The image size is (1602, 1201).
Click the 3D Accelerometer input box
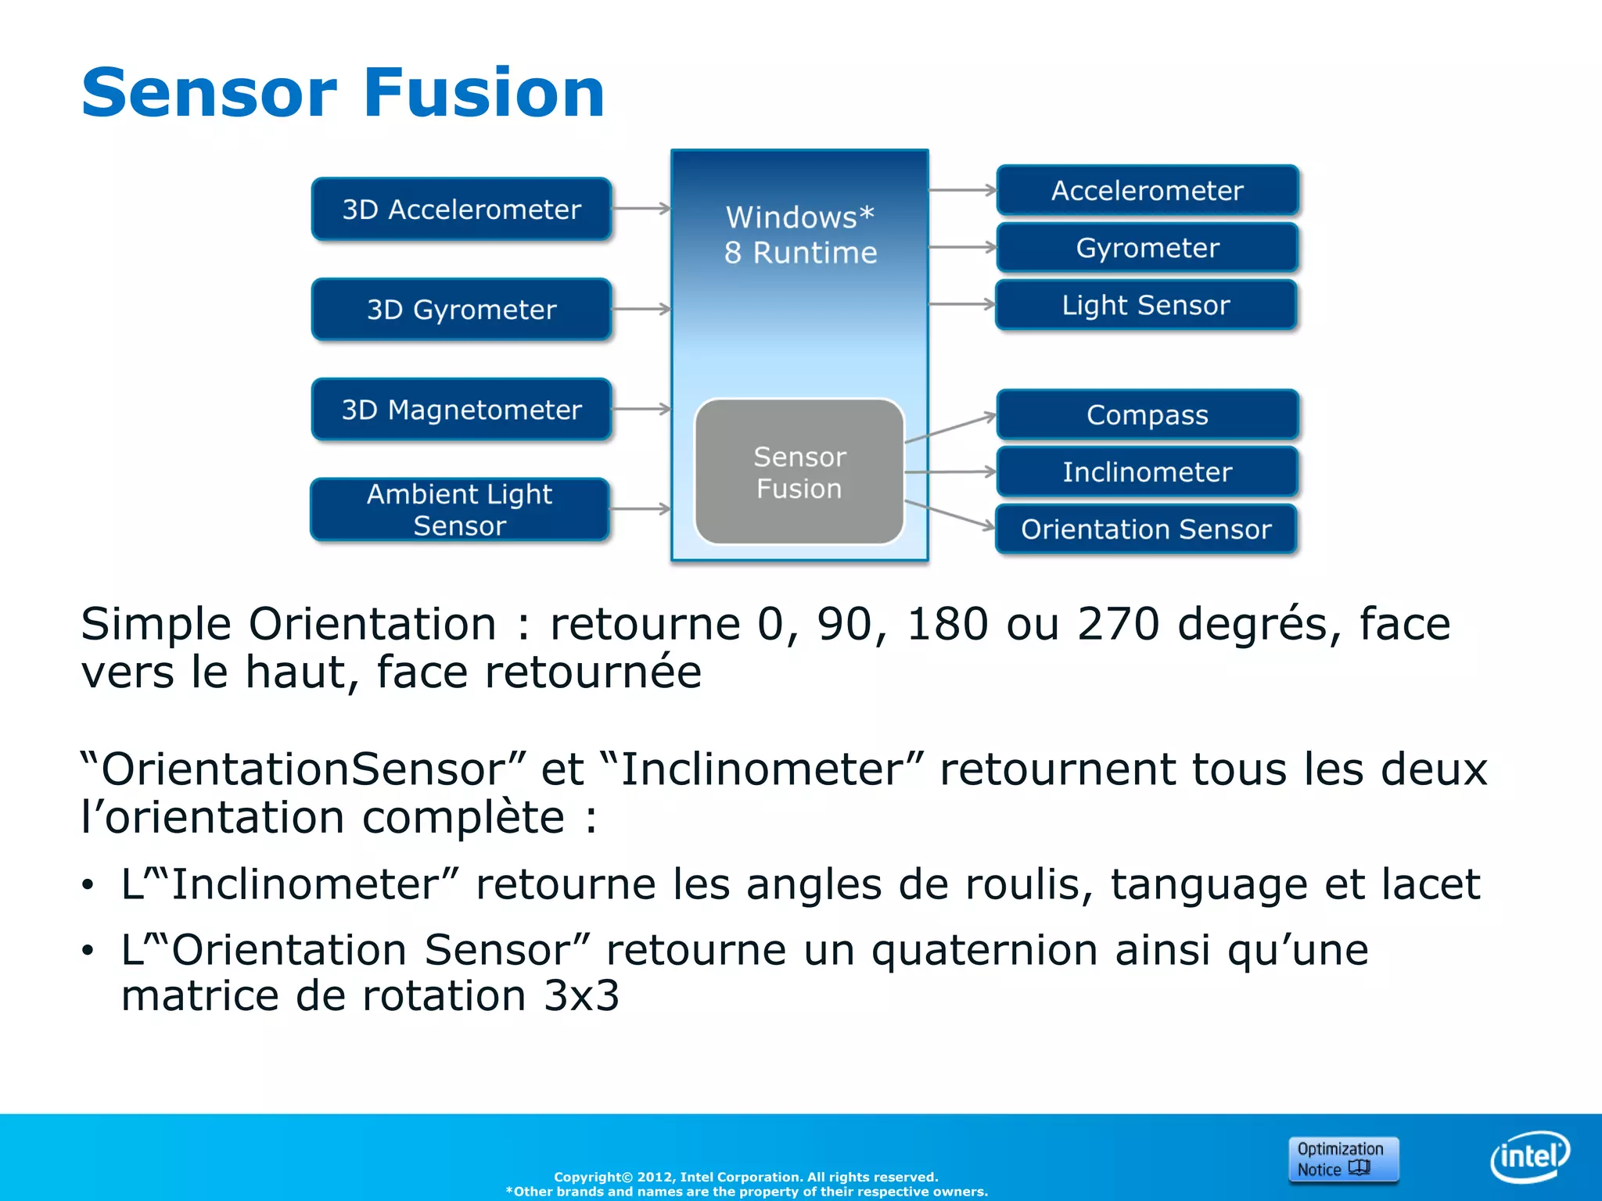tap(462, 209)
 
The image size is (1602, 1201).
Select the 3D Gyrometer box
tap(462, 309)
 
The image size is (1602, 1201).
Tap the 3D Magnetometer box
tap(462, 409)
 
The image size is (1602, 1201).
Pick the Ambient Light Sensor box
tap(460, 509)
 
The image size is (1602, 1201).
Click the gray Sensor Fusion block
tap(799, 471)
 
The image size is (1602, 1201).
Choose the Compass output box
tap(1148, 414)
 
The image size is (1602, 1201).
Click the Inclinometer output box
tap(1148, 471)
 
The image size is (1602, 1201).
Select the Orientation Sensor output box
tap(1147, 529)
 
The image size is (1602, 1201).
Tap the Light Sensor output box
tap(1147, 305)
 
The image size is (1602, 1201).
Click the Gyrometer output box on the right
tap(1148, 248)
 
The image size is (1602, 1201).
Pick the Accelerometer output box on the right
tap(1148, 190)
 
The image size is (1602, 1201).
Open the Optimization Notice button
tap(1343, 1159)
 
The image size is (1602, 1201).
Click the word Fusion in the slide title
tap(484, 93)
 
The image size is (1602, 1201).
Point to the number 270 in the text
tap(1118, 624)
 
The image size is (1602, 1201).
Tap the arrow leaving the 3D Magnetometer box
tap(641, 409)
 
